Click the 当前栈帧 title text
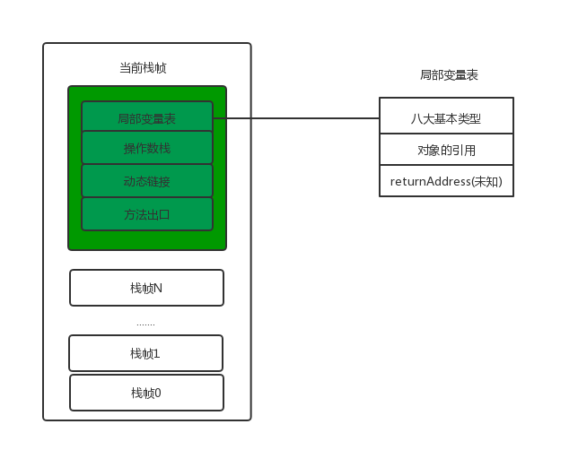[143, 68]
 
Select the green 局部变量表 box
[147, 117]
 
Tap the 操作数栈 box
[147, 149]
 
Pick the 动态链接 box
[147, 181]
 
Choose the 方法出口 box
[147, 214]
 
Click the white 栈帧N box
[146, 288]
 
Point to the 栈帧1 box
[145, 353]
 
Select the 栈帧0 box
[146, 393]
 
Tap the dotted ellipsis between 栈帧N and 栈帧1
[145, 323]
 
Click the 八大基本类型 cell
[446, 117]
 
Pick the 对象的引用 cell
[446, 150]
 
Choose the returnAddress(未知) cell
[446, 181]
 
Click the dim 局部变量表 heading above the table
[449, 75]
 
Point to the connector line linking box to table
[296, 117]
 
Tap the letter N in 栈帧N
[158, 288]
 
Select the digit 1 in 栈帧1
[156, 353]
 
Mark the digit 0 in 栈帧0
[157, 393]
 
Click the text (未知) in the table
[486, 181]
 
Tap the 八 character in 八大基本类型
[416, 117]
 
